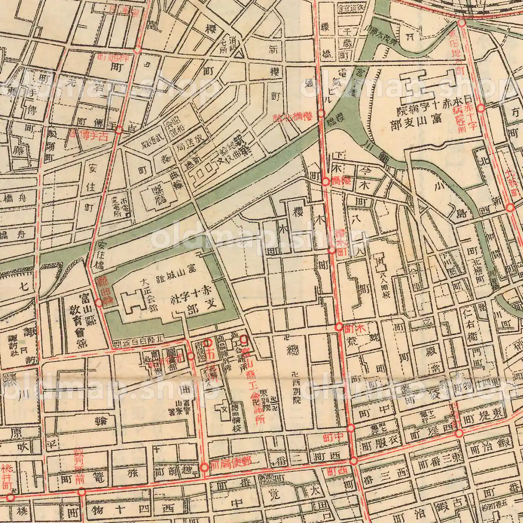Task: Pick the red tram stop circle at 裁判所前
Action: pyautogui.click(x=82, y=492)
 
